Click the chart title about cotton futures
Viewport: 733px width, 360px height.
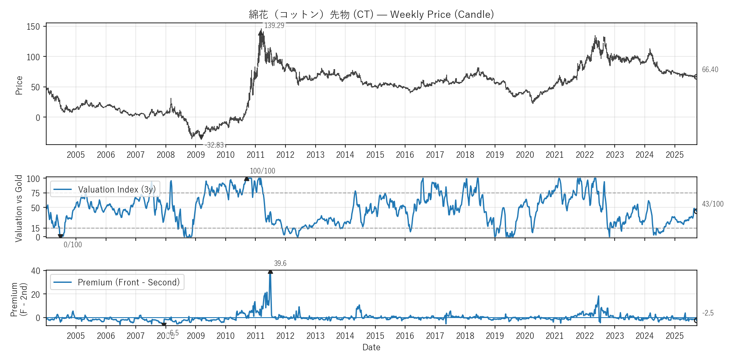point(371,14)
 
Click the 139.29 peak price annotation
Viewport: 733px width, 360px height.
point(274,25)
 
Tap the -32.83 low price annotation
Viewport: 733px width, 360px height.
point(214,145)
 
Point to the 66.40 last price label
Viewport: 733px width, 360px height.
point(710,70)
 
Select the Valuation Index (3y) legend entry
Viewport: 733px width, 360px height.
point(117,190)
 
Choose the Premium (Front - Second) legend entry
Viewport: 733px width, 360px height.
point(129,282)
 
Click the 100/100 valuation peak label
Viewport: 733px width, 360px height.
point(262,171)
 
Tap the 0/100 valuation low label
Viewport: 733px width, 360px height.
point(73,245)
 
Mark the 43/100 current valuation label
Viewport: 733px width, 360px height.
point(713,204)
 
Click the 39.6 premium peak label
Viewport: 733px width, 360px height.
point(280,263)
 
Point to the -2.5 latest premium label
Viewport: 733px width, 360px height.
point(708,313)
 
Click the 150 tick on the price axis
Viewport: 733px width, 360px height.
point(33,27)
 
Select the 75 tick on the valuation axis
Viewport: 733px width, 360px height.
point(35,193)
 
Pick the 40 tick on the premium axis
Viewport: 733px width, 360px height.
point(36,271)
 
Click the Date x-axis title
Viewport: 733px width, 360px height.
point(371,347)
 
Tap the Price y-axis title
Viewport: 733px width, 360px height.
point(19,85)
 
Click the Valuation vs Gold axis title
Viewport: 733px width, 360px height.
point(19,208)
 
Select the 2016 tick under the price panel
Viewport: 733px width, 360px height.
point(405,155)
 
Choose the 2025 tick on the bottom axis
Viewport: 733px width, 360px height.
point(674,336)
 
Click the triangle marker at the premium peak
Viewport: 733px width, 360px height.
point(270,272)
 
